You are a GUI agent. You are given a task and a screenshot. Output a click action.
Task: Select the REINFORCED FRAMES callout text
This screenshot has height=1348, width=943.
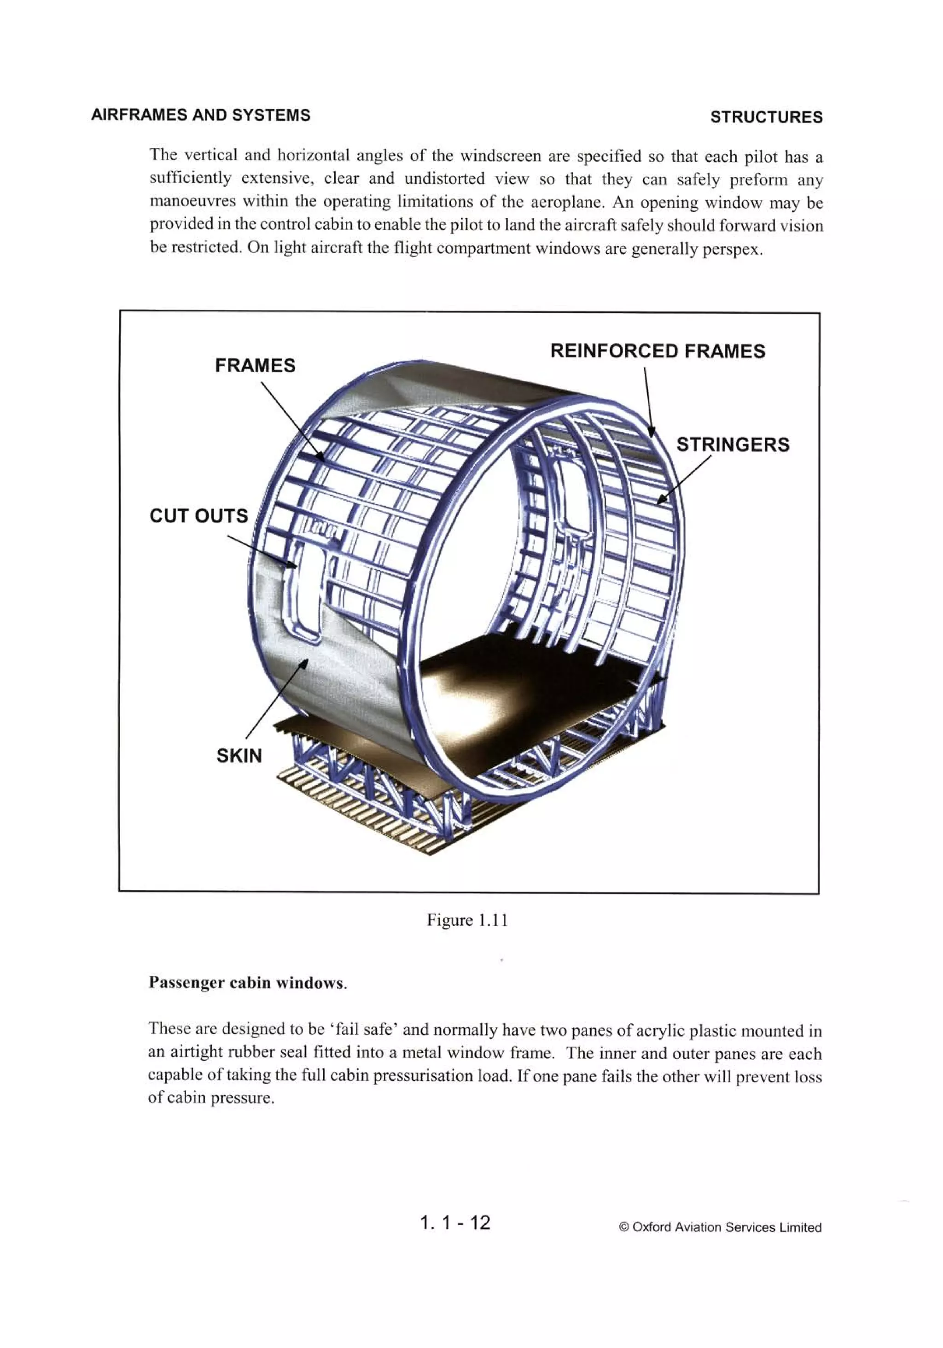[657, 351]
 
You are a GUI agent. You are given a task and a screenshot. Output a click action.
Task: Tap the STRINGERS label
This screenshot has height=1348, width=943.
[732, 444]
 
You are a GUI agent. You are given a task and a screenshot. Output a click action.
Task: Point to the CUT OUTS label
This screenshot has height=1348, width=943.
[198, 515]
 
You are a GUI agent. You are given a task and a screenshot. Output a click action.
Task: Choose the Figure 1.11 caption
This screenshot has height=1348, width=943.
[467, 920]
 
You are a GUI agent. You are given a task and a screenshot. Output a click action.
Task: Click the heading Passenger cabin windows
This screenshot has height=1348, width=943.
[247, 983]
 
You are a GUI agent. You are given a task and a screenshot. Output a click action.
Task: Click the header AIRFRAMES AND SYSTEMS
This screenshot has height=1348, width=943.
[201, 115]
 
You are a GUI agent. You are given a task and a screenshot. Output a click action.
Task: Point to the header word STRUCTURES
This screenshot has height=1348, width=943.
[766, 117]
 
